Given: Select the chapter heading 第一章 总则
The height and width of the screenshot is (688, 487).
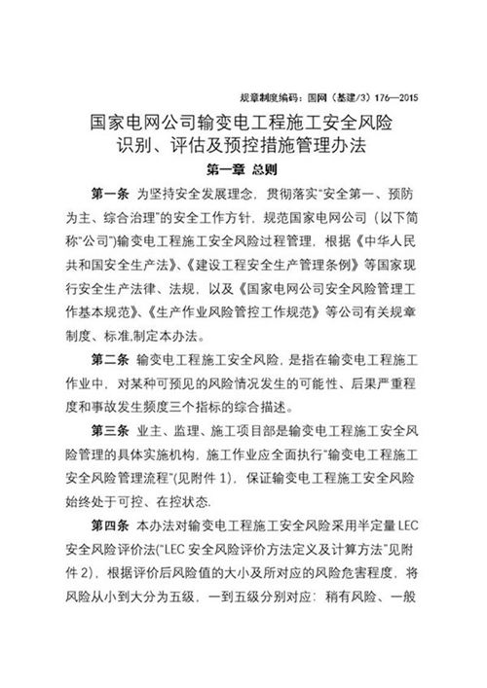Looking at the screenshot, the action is click(243, 168).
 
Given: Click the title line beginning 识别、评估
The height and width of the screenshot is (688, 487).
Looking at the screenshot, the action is click(243, 147).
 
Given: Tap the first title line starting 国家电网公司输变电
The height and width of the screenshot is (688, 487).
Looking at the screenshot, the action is click(243, 124).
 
